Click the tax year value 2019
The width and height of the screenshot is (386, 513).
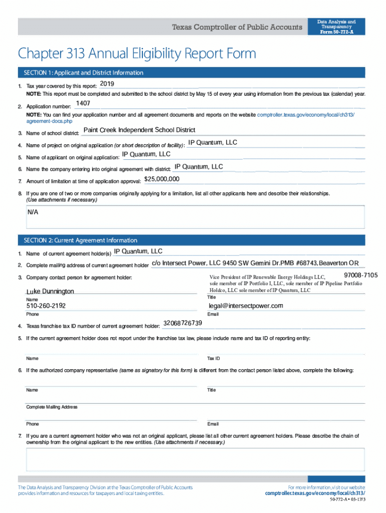point(107,83)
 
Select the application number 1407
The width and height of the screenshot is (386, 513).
point(83,103)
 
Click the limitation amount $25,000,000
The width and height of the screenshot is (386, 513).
point(161,179)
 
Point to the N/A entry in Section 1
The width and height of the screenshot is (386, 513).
point(33,212)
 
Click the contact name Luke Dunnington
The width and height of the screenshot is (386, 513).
point(50,291)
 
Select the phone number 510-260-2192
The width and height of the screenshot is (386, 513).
point(46,306)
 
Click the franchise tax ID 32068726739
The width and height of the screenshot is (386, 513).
point(183,323)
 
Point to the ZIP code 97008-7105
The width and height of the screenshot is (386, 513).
point(361,276)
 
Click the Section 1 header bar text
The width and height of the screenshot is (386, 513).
point(80,73)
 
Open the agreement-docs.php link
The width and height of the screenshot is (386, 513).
point(49,121)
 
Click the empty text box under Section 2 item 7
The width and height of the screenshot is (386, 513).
point(195,459)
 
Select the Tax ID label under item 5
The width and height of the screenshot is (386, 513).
point(214,359)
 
